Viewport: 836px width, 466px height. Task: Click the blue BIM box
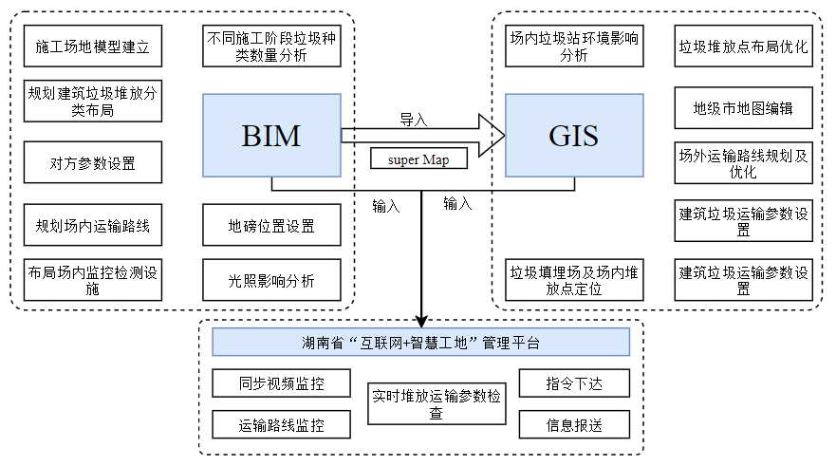pos(271,135)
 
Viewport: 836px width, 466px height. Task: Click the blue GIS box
pos(573,135)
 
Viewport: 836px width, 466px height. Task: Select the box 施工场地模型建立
pos(93,46)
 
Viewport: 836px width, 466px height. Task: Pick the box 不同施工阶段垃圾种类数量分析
pos(271,46)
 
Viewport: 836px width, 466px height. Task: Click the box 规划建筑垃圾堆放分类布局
pos(93,102)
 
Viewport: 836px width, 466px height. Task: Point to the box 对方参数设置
pos(93,162)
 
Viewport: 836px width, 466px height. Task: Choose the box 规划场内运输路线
pos(93,226)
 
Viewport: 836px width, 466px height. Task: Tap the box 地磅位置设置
pos(271,226)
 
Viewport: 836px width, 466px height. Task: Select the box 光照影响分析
pos(271,280)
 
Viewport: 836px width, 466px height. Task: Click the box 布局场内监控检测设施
pos(93,280)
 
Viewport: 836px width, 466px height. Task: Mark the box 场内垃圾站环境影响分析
pos(573,46)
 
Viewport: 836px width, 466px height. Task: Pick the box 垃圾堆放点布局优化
pos(744,46)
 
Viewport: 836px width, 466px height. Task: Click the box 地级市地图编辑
pos(744,109)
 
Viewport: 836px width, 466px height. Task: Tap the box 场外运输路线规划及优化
pos(744,162)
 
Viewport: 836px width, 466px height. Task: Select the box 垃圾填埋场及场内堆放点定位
pos(573,280)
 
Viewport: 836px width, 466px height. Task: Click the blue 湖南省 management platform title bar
pos(421,342)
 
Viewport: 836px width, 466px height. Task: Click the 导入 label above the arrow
pos(414,120)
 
